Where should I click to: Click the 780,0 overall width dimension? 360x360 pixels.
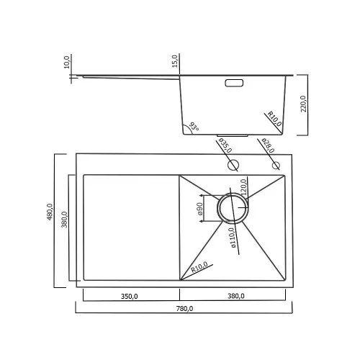coord(184,309)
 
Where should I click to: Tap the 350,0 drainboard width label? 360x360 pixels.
coord(129,297)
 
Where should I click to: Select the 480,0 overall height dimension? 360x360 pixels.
coord(50,212)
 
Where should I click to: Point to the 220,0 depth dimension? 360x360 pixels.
coord(303,104)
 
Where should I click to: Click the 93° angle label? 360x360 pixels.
coord(194,127)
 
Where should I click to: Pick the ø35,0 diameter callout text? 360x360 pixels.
coord(225,145)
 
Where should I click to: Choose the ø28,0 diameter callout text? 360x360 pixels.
coord(268,145)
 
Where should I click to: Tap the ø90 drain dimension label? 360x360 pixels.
coord(199,209)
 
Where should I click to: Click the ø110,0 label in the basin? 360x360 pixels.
coord(233,238)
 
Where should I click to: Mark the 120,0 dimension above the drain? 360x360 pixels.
coord(243,187)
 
